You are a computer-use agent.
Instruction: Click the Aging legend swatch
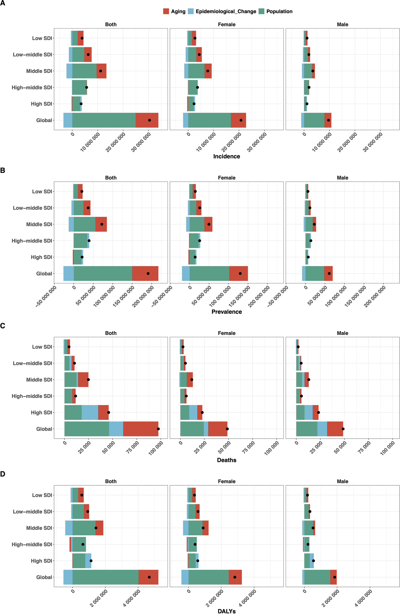tap(166, 11)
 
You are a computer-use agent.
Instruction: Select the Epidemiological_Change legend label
tap(226, 11)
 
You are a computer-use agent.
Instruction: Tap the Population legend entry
tap(279, 11)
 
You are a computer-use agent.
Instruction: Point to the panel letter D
tap(3, 474)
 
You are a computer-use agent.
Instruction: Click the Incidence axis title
tap(226, 156)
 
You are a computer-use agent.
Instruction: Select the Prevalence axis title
tap(226, 312)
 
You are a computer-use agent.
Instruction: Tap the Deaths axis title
tap(226, 460)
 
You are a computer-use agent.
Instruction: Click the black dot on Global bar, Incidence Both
tap(149, 120)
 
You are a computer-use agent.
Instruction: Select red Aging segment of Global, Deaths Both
tap(140, 429)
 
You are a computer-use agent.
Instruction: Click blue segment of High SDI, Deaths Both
tap(90, 412)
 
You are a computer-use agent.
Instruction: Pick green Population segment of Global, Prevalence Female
tap(209, 273)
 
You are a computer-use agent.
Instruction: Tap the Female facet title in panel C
tap(226, 333)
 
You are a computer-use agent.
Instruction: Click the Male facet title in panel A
tap(342, 25)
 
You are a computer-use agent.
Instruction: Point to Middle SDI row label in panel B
tap(39, 224)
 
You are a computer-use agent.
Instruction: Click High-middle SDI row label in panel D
tap(32, 544)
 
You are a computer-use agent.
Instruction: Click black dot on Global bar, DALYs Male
tap(335, 577)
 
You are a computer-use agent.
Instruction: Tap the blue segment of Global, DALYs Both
tap(68, 577)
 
